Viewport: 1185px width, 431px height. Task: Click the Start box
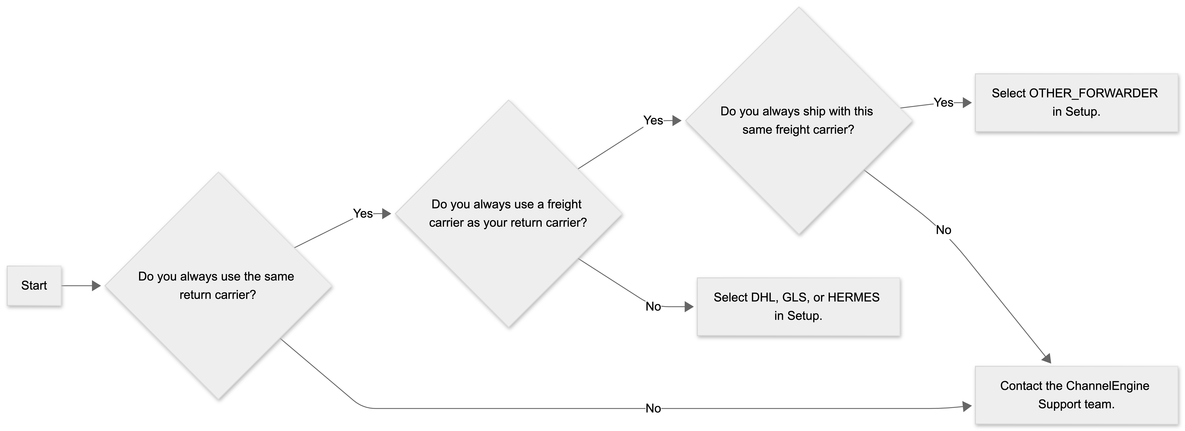point(34,285)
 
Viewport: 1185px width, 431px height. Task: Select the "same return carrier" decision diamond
point(219,285)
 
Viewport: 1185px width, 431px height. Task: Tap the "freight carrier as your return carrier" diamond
point(509,214)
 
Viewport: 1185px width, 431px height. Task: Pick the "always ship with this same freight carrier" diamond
point(799,121)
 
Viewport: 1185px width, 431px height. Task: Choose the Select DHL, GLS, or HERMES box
point(799,307)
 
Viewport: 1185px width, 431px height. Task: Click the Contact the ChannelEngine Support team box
point(1076,395)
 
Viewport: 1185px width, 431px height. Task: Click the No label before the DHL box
point(653,307)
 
